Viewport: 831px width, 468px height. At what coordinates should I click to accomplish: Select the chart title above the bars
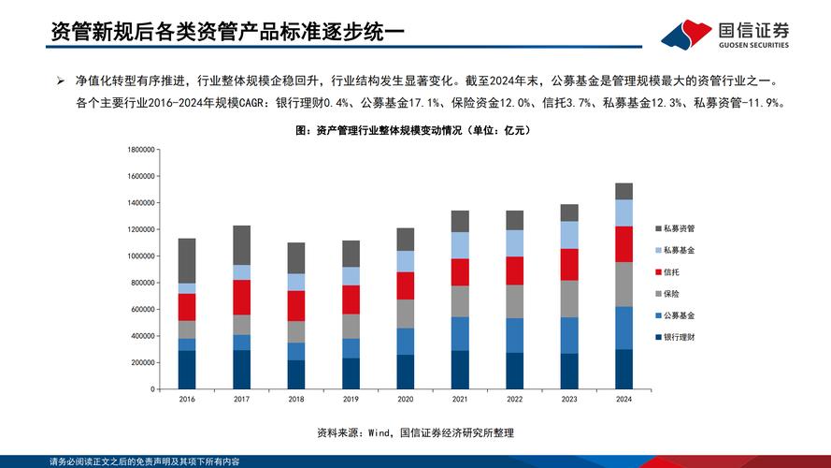[x=412, y=131]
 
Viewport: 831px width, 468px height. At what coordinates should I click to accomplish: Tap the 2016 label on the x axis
[x=187, y=399]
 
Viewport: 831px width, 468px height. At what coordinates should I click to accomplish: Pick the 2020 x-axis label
[x=405, y=399]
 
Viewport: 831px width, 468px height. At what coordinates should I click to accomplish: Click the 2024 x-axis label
[x=623, y=399]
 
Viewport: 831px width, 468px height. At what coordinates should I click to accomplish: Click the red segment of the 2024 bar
[x=623, y=243]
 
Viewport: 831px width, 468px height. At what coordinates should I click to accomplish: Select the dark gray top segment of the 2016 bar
[x=187, y=260]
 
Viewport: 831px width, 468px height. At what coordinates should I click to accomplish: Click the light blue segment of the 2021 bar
[x=460, y=245]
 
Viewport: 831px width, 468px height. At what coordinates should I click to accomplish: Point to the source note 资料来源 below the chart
[x=415, y=432]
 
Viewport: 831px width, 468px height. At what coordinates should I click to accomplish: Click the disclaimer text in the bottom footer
[x=145, y=461]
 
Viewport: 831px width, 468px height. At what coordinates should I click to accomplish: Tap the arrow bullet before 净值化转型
[x=60, y=82]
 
